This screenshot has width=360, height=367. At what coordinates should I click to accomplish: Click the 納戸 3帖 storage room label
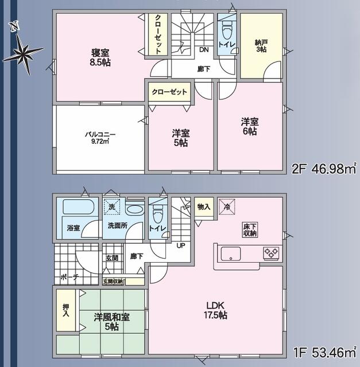click(261, 45)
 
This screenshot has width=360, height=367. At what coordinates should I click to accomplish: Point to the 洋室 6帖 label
click(249, 126)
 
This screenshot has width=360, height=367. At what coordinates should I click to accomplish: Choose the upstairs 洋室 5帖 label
click(181, 138)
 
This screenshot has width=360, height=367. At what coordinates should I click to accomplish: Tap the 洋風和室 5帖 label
click(112, 322)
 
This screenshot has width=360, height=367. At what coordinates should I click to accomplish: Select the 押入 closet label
click(66, 310)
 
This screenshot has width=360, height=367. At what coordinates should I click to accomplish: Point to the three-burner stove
click(271, 252)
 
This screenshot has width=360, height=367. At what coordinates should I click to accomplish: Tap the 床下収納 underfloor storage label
click(250, 229)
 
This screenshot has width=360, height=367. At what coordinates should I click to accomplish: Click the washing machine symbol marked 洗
click(112, 206)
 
